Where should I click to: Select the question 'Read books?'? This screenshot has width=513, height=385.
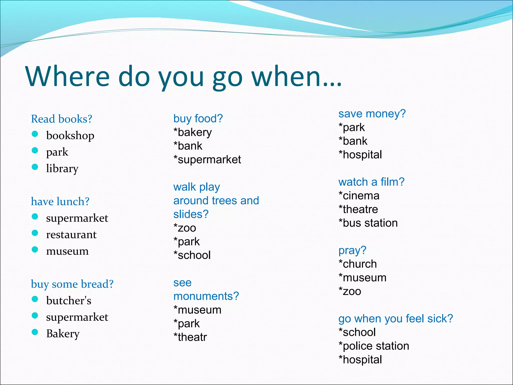[x=62, y=119]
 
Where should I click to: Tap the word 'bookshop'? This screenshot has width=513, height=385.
[x=70, y=136]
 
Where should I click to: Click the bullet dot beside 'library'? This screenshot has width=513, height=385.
[x=35, y=167]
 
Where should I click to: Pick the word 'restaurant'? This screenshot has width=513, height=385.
[x=71, y=235]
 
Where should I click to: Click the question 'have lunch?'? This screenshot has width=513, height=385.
[x=60, y=202]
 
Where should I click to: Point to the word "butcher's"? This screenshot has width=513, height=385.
[x=69, y=301]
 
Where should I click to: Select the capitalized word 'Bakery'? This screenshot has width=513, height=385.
[x=63, y=334]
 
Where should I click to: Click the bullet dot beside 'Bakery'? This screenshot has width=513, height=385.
[x=35, y=332]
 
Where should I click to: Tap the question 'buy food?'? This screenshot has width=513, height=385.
[x=198, y=119]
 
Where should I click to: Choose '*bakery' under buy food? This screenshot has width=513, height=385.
[x=193, y=132]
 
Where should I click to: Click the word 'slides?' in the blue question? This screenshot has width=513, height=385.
[x=191, y=214]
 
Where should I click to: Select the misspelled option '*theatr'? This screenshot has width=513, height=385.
[x=190, y=337]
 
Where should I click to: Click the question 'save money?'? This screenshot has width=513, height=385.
[x=372, y=114]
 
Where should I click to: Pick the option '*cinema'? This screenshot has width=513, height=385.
[x=359, y=196]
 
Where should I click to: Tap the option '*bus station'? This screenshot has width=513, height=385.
[x=368, y=223]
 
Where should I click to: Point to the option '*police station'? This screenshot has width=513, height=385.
[x=374, y=346]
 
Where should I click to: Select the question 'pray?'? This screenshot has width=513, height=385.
[x=352, y=250]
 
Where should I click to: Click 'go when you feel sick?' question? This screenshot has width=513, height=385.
[x=396, y=319]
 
